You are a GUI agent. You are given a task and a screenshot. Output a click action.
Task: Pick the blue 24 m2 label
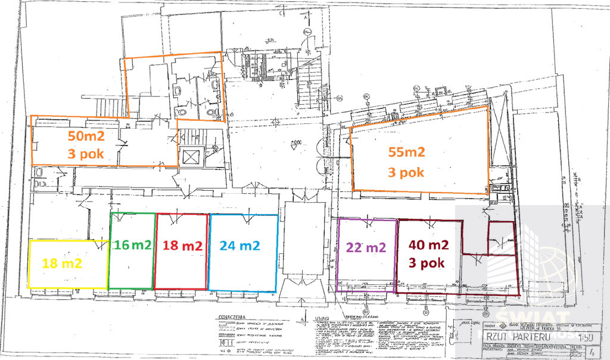[x=239, y=245]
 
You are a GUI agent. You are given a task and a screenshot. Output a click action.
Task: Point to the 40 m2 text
[x=428, y=244]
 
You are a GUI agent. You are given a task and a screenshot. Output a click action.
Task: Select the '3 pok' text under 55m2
[x=406, y=172]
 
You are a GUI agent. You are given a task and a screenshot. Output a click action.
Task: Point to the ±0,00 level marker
[x=296, y=142]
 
